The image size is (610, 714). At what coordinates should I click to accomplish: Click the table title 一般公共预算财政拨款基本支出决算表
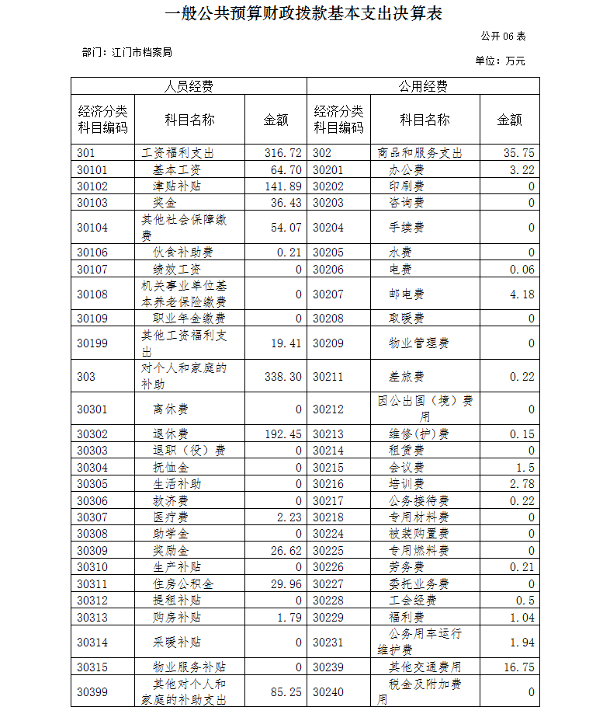pyautogui.click(x=303, y=13)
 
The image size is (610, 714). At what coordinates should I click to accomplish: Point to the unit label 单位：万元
pyautogui.click(x=500, y=61)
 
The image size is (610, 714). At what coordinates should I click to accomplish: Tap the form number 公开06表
pyautogui.click(x=503, y=37)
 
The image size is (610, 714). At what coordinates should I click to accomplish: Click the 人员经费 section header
pyautogui.click(x=189, y=86)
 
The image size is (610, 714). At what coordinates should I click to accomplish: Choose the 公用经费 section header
pyautogui.click(x=423, y=86)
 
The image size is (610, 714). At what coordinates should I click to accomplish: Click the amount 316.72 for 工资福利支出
pyautogui.click(x=282, y=153)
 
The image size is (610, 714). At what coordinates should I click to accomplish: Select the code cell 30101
pyautogui.click(x=92, y=169)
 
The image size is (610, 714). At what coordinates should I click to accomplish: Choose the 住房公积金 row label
pyautogui.click(x=183, y=584)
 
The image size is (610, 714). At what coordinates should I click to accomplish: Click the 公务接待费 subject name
pyautogui.click(x=418, y=501)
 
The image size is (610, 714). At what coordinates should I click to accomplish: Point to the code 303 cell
pyautogui.click(x=87, y=376)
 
